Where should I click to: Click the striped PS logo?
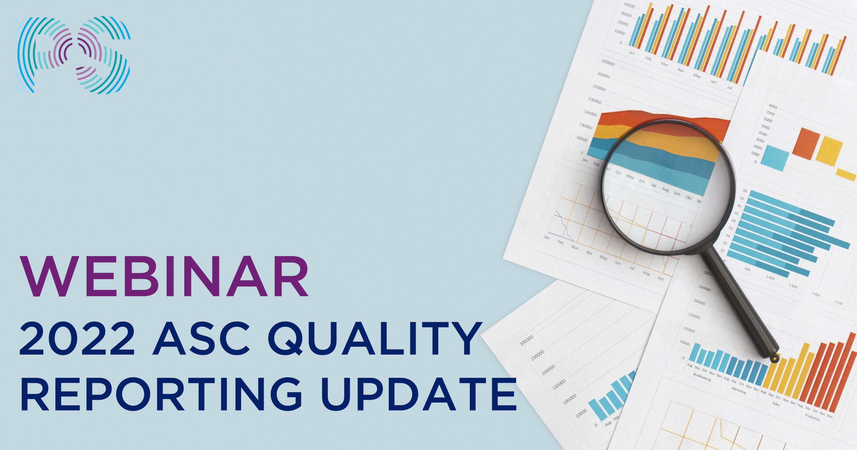(73, 55)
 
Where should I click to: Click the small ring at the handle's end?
(775, 358)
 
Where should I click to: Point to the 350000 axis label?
(608, 62)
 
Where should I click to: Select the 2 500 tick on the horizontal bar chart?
(838, 303)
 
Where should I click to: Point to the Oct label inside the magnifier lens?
(688, 198)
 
